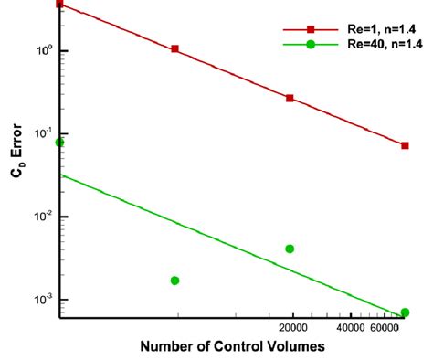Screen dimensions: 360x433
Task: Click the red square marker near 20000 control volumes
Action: point(290,98)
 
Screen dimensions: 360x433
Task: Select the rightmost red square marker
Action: point(405,145)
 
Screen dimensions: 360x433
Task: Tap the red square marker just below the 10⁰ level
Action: point(174,48)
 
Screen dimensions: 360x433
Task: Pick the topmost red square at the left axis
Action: point(60,4)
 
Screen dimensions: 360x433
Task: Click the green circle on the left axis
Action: point(60,142)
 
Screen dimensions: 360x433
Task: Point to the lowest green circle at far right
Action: point(405,312)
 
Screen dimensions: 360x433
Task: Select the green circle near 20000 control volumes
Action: point(290,249)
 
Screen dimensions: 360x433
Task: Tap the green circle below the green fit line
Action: point(174,281)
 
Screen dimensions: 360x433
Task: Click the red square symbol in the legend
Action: point(311,30)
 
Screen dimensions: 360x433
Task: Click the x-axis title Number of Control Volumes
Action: point(233,347)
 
